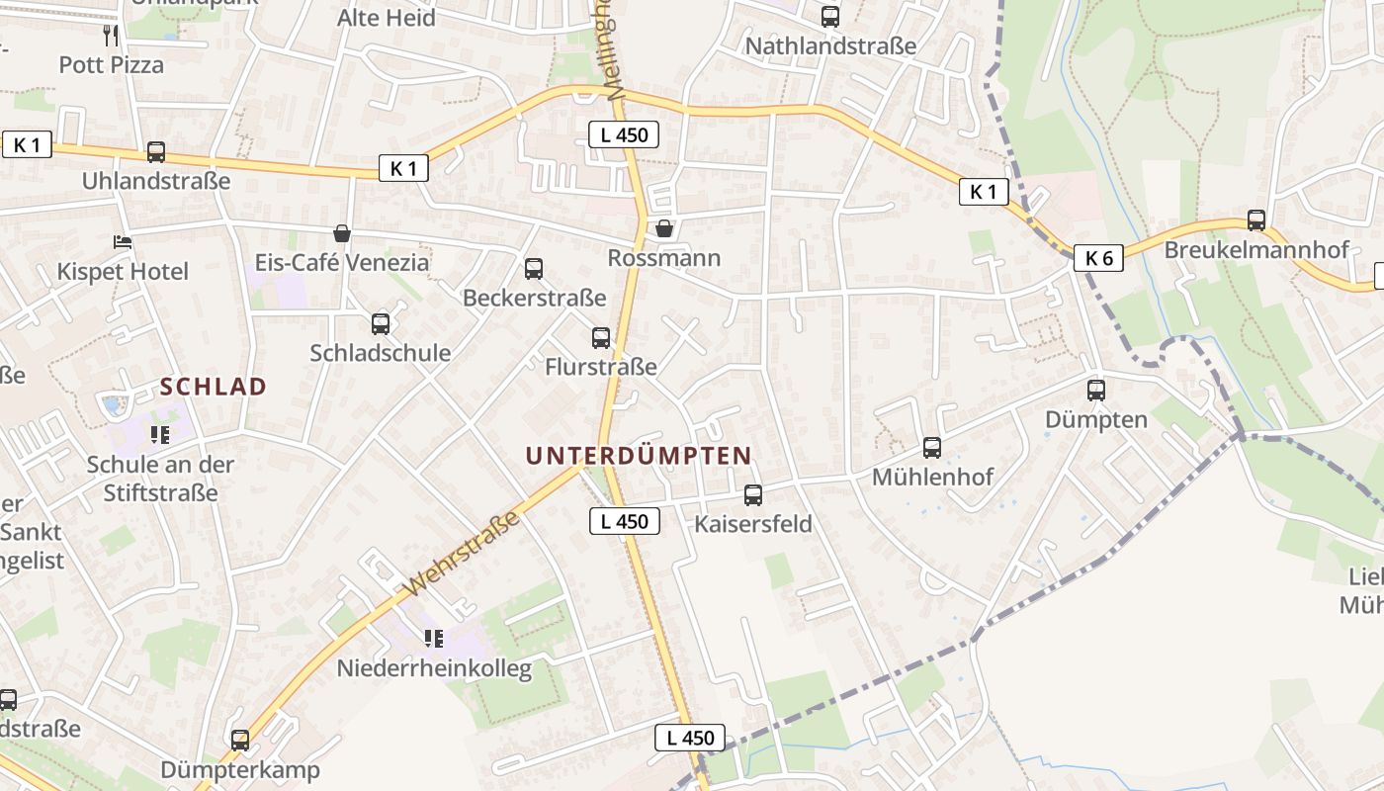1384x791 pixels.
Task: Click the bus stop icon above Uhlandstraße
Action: (156, 152)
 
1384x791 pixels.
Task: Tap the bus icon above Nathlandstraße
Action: (829, 17)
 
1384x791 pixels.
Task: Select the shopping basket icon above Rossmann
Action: (664, 228)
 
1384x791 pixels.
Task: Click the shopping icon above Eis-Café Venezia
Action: (342, 233)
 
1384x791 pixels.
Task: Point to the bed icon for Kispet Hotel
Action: (123, 242)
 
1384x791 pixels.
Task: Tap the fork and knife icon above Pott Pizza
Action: (111, 36)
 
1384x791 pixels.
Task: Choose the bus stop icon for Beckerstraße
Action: (534, 268)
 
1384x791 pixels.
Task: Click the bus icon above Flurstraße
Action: (601, 338)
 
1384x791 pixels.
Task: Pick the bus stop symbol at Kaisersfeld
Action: (753, 495)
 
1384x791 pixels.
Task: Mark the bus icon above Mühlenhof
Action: (932, 448)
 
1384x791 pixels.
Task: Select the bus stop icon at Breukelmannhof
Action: (1256, 220)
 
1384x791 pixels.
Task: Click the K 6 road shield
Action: (1099, 259)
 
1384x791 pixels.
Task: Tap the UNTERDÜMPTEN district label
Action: (639, 456)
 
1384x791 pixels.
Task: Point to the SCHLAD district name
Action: (214, 387)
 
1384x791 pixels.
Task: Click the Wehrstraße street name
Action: (462, 554)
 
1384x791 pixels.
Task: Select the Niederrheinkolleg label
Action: (434, 668)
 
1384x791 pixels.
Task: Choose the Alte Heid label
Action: (387, 18)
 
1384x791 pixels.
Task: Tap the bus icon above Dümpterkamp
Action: (240, 741)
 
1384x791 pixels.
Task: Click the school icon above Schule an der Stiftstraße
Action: (160, 435)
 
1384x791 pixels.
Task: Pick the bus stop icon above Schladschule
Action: (381, 323)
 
